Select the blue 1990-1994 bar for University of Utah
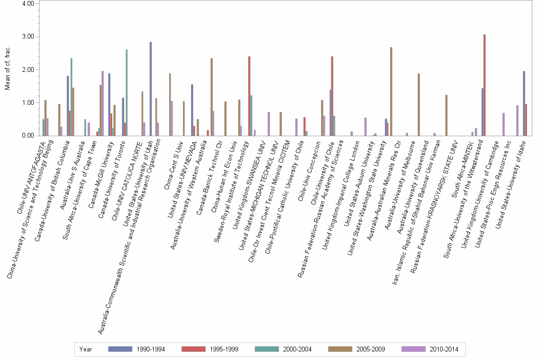[151, 89]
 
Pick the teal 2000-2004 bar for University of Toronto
[127, 92]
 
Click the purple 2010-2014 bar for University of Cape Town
[102, 103]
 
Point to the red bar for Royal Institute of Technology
[249, 96]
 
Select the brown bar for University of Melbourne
[419, 104]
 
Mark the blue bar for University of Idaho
[524, 103]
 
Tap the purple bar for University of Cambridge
[504, 124]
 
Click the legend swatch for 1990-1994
[120, 349]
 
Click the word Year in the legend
[86, 349]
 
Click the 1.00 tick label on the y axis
[28, 103]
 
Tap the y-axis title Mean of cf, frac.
[7, 69]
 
